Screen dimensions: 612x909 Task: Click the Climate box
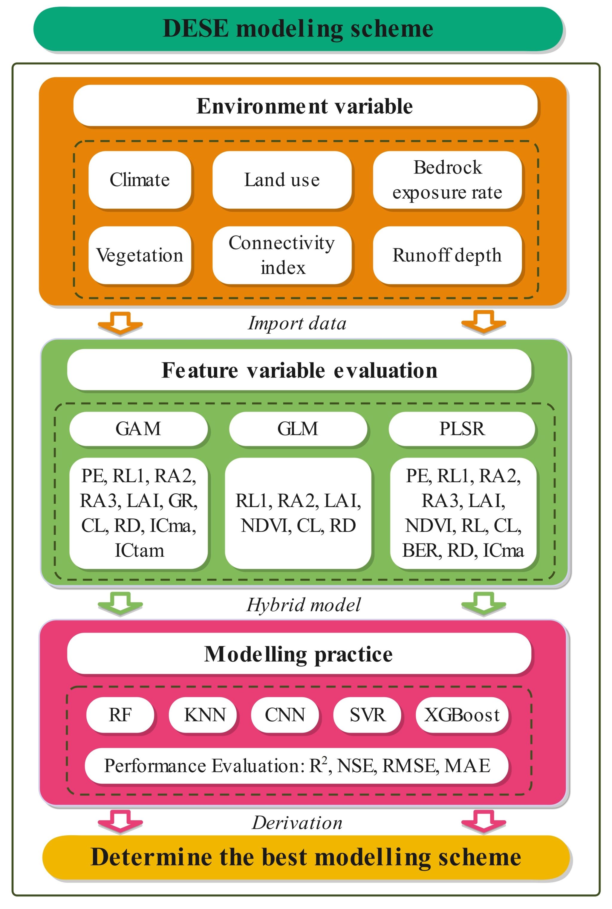[x=140, y=180]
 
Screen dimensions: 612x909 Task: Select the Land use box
[x=282, y=180]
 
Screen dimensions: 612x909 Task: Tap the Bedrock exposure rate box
[x=447, y=180]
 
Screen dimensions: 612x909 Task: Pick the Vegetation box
[x=140, y=255]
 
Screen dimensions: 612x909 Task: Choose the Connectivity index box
[x=282, y=255]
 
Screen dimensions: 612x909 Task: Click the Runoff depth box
[x=447, y=255]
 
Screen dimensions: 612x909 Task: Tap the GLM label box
[x=298, y=429]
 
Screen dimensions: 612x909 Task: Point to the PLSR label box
[x=462, y=429]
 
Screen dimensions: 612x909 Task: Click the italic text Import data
[x=297, y=323]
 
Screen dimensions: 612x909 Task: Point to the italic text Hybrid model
[x=304, y=605]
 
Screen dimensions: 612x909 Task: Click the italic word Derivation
[x=297, y=823]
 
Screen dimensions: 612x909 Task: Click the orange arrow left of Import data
[x=120, y=323]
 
